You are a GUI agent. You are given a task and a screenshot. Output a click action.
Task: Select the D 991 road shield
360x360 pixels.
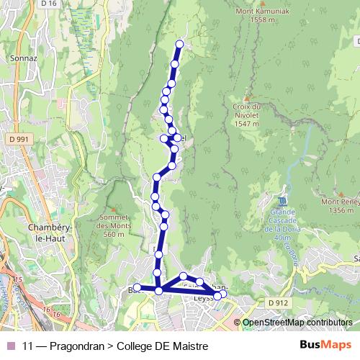21,138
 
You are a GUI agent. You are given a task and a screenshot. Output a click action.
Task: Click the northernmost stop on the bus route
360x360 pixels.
179,45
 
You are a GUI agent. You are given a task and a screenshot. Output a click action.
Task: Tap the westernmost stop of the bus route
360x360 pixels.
137,289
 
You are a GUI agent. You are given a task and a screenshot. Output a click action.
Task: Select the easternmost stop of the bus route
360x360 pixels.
223,294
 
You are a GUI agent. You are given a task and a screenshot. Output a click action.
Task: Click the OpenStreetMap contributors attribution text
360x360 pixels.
298,323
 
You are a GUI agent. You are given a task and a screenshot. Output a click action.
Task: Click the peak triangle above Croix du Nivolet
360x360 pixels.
247,99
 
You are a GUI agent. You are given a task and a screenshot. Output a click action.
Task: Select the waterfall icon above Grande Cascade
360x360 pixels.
282,200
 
